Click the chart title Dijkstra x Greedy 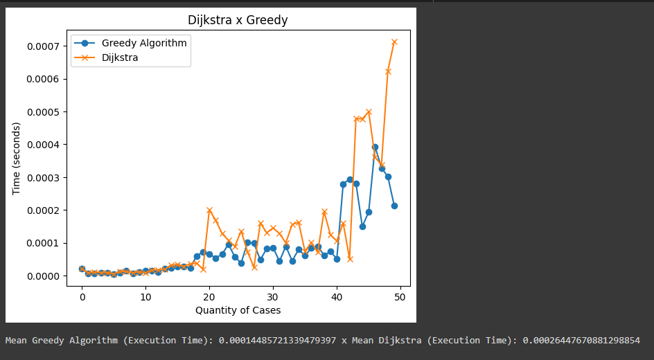tap(238, 21)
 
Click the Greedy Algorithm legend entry tap(144, 43)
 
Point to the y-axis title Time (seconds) tap(16, 159)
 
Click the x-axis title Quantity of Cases tap(238, 310)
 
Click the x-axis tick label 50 tap(400, 297)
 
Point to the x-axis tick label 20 tap(209, 297)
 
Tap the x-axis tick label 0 tap(82, 297)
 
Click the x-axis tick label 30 tap(273, 297)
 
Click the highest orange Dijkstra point tap(394, 42)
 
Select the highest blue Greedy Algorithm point tap(375, 147)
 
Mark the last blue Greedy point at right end tap(394, 206)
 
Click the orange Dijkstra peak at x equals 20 tap(209, 210)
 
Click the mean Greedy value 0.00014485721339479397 tap(278, 341)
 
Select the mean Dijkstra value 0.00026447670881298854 tap(581, 341)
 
